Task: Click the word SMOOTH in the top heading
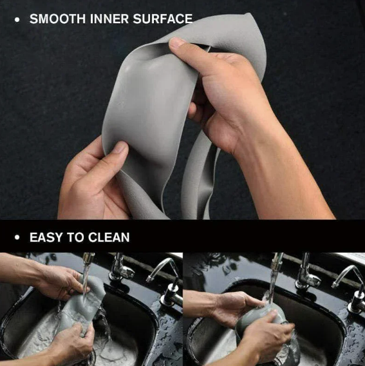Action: [57, 19]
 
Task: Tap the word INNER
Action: [109, 19]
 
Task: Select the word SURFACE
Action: [163, 19]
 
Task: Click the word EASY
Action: [46, 237]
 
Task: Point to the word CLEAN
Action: [109, 237]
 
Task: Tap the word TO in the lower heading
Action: [75, 237]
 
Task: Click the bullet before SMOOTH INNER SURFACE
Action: [17, 19]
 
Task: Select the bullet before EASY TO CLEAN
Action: [17, 238]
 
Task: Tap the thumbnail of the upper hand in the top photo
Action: [176, 43]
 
